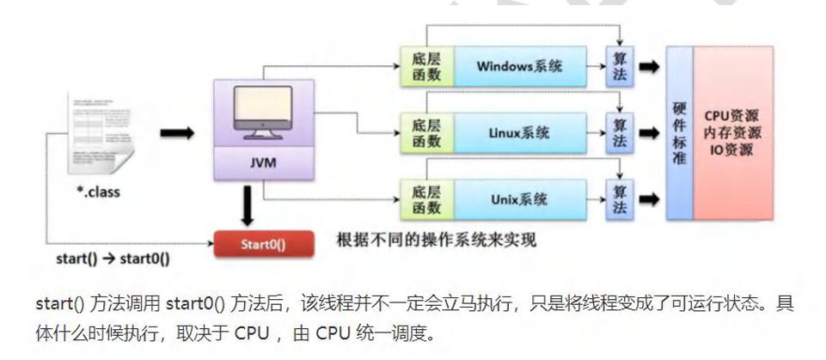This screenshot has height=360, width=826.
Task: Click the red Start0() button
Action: (260, 243)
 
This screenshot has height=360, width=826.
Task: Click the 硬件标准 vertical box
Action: (679, 132)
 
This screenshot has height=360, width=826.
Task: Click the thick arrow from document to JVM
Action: (176, 134)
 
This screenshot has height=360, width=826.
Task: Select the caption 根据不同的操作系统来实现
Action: (437, 241)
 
